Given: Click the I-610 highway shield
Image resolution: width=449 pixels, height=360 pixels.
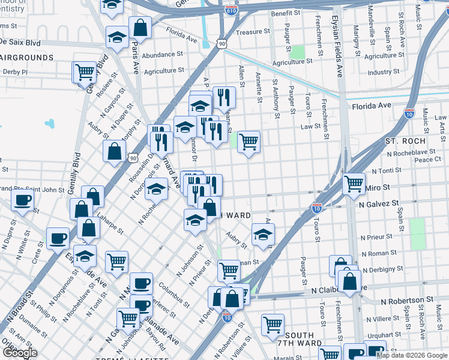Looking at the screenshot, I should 231,10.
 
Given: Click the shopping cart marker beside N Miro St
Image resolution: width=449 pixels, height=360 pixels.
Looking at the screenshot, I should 354,182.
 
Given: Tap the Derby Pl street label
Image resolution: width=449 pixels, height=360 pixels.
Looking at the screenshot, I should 16,72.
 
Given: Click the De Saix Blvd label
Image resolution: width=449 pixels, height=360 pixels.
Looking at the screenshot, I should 20,43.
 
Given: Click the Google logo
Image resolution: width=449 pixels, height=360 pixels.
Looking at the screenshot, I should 20,353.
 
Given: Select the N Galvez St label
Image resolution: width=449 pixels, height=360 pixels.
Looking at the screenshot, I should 379,204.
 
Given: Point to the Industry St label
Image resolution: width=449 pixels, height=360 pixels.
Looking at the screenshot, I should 379,72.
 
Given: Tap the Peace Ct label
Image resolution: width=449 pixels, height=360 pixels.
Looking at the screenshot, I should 428,160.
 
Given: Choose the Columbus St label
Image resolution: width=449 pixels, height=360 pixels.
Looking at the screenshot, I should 171,295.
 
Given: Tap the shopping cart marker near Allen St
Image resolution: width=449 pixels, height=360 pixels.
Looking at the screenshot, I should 249,142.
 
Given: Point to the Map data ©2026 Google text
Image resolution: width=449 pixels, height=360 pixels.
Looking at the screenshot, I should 412,355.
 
